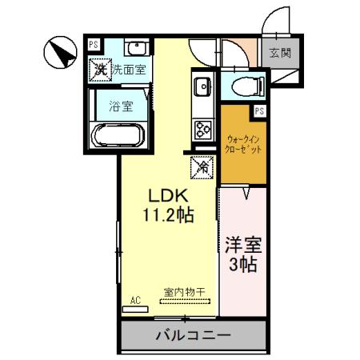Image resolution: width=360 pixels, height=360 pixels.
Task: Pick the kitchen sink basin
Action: (x=200, y=85)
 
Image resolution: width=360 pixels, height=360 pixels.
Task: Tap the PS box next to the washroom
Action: (x=94, y=45)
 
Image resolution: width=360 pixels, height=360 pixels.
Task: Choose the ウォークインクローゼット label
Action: (x=243, y=143)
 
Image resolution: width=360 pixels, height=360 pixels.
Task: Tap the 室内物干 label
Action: (x=186, y=291)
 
